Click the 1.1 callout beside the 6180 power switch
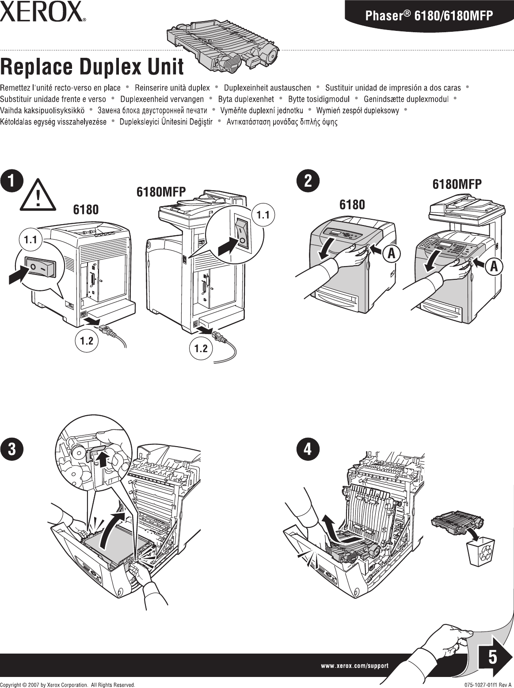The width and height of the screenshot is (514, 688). (x=30, y=240)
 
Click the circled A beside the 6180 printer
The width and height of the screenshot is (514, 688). (x=392, y=253)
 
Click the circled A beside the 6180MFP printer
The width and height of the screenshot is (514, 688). (x=493, y=266)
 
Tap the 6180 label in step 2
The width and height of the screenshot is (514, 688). (x=352, y=205)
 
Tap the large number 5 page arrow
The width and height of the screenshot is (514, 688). (x=491, y=657)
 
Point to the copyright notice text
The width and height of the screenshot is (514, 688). (x=68, y=684)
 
